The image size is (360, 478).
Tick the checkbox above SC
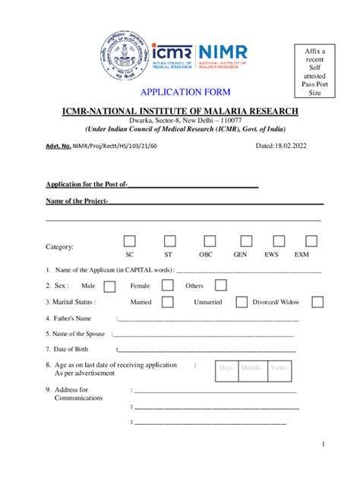point(130,241)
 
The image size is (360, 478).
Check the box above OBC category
point(206,241)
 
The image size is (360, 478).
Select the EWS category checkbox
point(271,241)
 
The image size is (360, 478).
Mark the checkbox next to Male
point(109,286)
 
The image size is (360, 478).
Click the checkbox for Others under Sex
point(220,285)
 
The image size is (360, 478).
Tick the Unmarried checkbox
point(241,302)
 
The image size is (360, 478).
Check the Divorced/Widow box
point(317,302)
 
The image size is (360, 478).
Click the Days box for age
point(226,369)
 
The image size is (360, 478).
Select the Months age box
point(251,369)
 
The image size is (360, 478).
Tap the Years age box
point(279,369)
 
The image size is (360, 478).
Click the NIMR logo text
point(222,52)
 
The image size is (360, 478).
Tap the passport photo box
point(314,71)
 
